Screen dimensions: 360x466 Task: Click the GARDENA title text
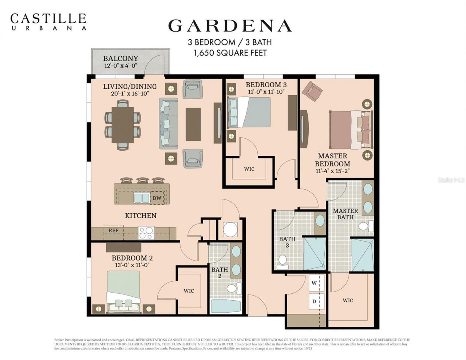pos(230,25)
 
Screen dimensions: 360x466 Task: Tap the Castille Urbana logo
pos(48,21)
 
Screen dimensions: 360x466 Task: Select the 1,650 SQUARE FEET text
pos(230,53)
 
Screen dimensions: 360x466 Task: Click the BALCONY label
pos(120,59)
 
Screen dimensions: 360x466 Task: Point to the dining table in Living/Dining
pos(123,124)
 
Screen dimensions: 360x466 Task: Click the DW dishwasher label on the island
pos(157,198)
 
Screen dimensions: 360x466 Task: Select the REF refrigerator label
pos(113,230)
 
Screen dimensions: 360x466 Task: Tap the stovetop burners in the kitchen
pos(146,233)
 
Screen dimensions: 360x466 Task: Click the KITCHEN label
pos(141,215)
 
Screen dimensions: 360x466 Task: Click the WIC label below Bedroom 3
pos(249,169)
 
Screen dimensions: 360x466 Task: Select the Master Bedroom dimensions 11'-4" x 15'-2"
pos(332,171)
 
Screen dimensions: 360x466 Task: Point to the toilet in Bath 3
pos(283,261)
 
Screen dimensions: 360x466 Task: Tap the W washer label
pos(314,283)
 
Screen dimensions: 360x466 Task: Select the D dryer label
pos(314,301)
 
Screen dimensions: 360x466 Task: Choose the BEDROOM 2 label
pos(132,258)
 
